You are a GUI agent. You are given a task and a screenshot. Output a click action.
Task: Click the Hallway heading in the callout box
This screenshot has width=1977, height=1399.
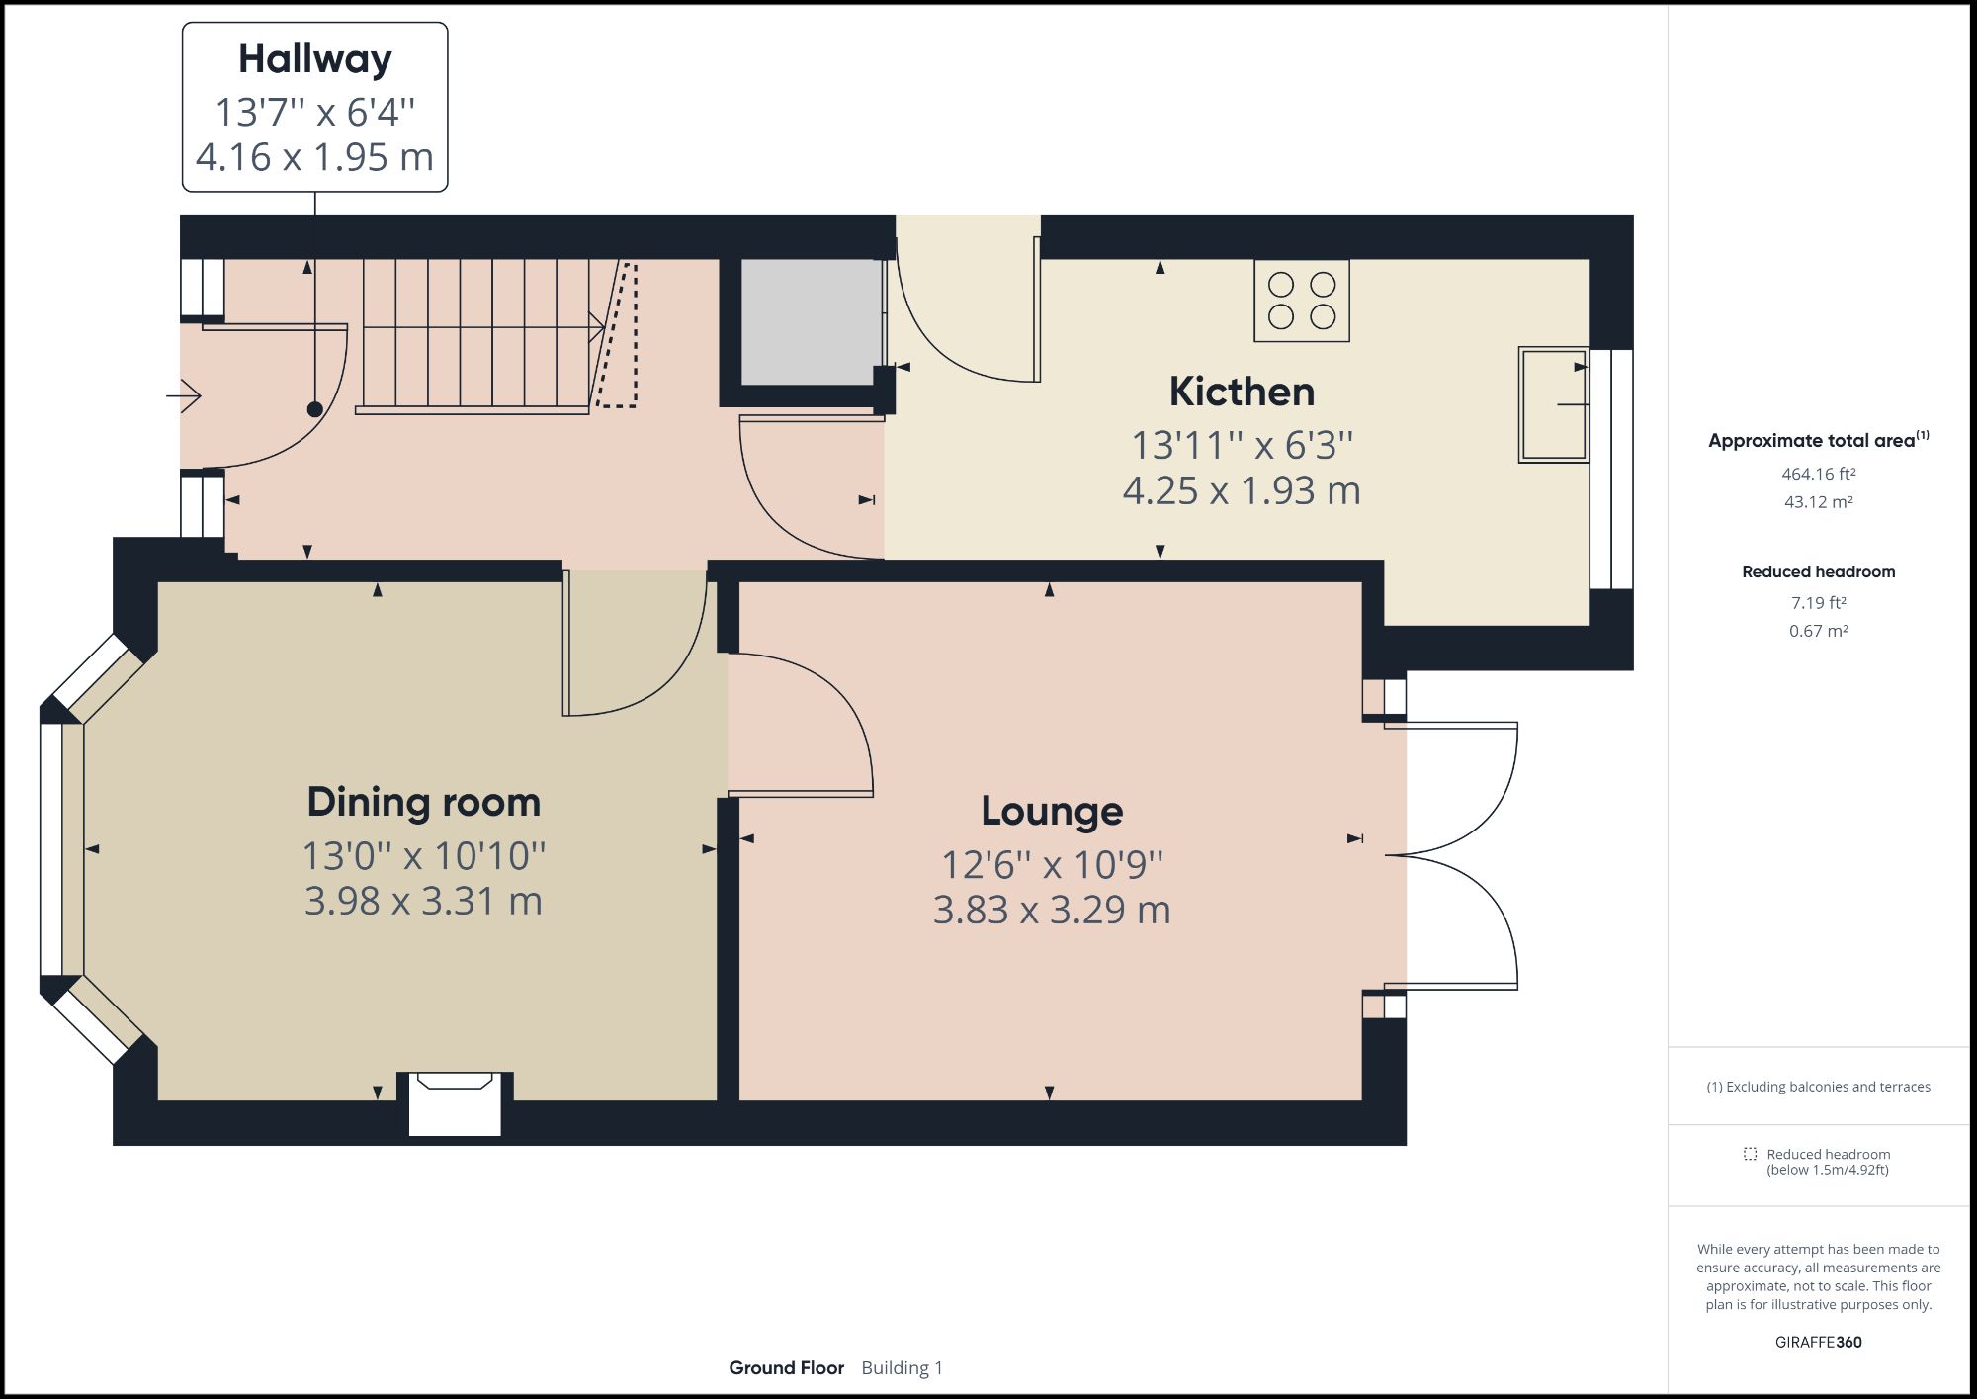314,59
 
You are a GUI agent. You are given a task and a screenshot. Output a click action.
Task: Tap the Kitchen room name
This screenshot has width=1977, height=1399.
1242,392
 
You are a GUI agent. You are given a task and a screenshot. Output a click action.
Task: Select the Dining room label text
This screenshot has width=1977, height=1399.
423,802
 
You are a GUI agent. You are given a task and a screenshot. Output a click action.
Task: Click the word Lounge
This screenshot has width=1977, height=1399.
1052,811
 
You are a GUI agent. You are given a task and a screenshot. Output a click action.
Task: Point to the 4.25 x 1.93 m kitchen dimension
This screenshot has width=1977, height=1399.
1242,490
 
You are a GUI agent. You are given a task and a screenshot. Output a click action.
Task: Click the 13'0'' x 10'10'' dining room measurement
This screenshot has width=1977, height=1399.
423,855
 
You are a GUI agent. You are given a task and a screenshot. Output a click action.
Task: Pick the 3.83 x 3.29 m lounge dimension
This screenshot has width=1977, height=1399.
1052,910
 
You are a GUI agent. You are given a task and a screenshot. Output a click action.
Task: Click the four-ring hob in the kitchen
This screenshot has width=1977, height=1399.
1301,301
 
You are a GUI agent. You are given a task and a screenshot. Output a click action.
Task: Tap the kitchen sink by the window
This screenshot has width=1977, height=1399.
1553,404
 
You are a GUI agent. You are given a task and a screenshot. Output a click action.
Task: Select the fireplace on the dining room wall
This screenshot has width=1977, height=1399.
455,1102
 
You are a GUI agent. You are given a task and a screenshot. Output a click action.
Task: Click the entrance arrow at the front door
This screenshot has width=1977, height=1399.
185,396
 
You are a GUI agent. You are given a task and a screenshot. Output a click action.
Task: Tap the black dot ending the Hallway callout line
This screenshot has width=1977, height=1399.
314,409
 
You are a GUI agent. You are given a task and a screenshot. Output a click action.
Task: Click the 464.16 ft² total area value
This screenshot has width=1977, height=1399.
1818,474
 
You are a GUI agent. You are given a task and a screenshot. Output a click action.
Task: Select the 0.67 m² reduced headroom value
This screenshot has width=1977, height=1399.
1818,631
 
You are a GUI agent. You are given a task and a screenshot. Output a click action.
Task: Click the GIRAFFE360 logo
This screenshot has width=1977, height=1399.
1818,1342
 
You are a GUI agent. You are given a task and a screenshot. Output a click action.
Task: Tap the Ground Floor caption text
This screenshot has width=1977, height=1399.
786,1368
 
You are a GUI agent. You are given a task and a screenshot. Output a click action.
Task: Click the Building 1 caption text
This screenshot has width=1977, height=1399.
902,1368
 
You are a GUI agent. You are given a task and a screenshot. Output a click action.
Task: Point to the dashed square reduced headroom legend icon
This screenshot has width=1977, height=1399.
1750,1154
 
